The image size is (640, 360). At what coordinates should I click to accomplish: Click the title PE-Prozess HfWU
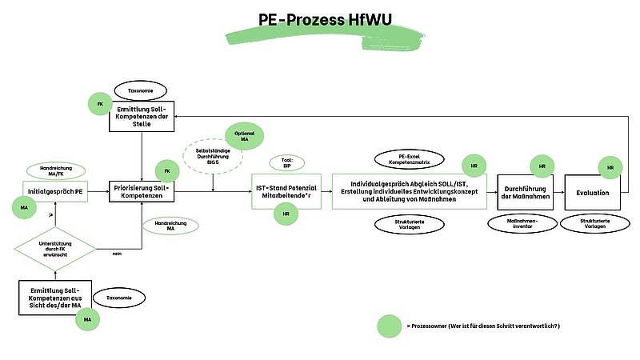click(320, 19)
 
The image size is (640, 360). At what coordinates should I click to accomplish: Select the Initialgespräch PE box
click(55, 191)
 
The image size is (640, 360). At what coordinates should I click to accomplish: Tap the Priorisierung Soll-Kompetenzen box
click(142, 191)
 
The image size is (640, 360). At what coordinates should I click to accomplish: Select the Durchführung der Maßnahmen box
click(525, 192)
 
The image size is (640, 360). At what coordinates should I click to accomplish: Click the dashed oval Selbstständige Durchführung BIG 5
click(213, 153)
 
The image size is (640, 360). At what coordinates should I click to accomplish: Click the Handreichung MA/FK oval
click(55, 170)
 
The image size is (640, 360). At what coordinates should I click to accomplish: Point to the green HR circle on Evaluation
click(610, 168)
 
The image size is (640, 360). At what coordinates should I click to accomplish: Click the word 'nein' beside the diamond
click(117, 254)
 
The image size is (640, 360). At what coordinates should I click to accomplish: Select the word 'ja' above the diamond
click(51, 214)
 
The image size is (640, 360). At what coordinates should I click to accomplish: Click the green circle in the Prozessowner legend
click(390, 326)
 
